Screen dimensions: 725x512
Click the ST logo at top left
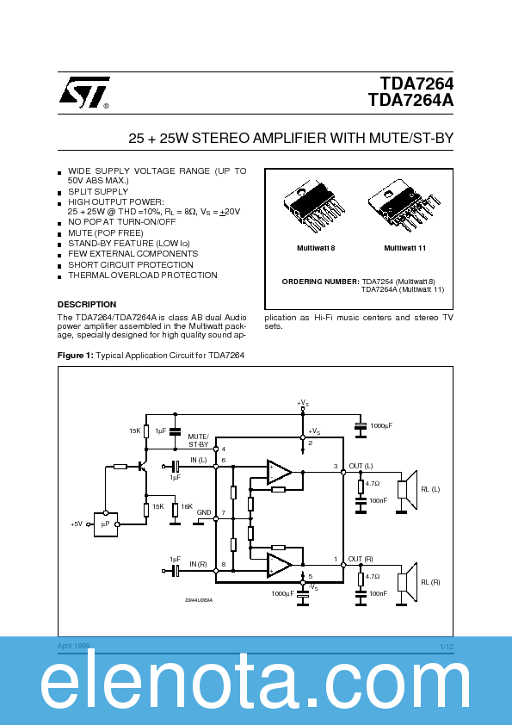(83, 93)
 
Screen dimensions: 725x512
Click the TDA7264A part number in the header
(410, 100)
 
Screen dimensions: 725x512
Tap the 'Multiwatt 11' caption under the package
(404, 248)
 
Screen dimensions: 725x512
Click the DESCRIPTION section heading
(87, 304)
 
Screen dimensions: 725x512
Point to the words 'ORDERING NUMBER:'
(320, 282)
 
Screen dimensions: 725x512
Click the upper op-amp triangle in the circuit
(279, 471)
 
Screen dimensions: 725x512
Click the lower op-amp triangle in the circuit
(279, 565)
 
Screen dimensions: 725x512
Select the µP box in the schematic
(105, 523)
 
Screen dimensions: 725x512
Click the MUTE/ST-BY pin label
(198, 440)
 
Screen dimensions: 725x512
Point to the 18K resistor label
(187, 508)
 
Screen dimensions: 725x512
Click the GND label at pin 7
(204, 512)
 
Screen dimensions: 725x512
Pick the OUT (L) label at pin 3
(361, 466)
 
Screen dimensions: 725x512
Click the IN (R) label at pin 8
(198, 563)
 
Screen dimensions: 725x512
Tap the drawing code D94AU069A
(200, 599)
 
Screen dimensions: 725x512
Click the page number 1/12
(446, 646)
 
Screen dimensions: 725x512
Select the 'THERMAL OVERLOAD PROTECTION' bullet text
(143, 276)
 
